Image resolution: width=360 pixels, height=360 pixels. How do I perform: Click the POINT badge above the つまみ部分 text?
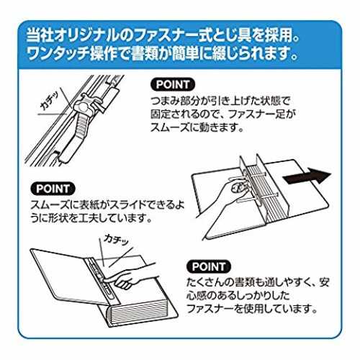point(173,84)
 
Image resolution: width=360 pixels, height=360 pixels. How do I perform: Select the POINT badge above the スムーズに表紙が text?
point(53,189)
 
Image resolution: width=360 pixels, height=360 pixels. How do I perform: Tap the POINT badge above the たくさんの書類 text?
point(209,266)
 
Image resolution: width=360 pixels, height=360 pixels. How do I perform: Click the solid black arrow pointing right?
point(307,177)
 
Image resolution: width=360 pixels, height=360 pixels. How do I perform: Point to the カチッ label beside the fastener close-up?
point(50,102)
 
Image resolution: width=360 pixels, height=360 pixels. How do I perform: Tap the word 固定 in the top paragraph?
point(161,114)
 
